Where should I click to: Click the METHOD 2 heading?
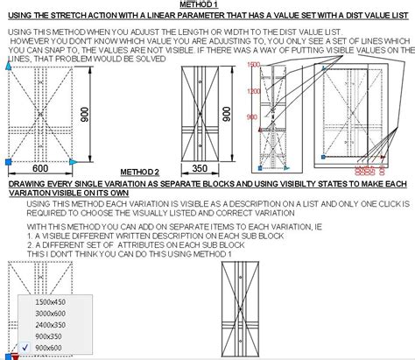tap(140, 173)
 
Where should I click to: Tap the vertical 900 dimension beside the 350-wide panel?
tap(227, 114)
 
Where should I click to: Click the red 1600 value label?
tap(255, 66)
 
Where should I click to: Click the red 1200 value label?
tap(254, 91)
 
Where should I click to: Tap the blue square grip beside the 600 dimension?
tap(8, 163)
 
